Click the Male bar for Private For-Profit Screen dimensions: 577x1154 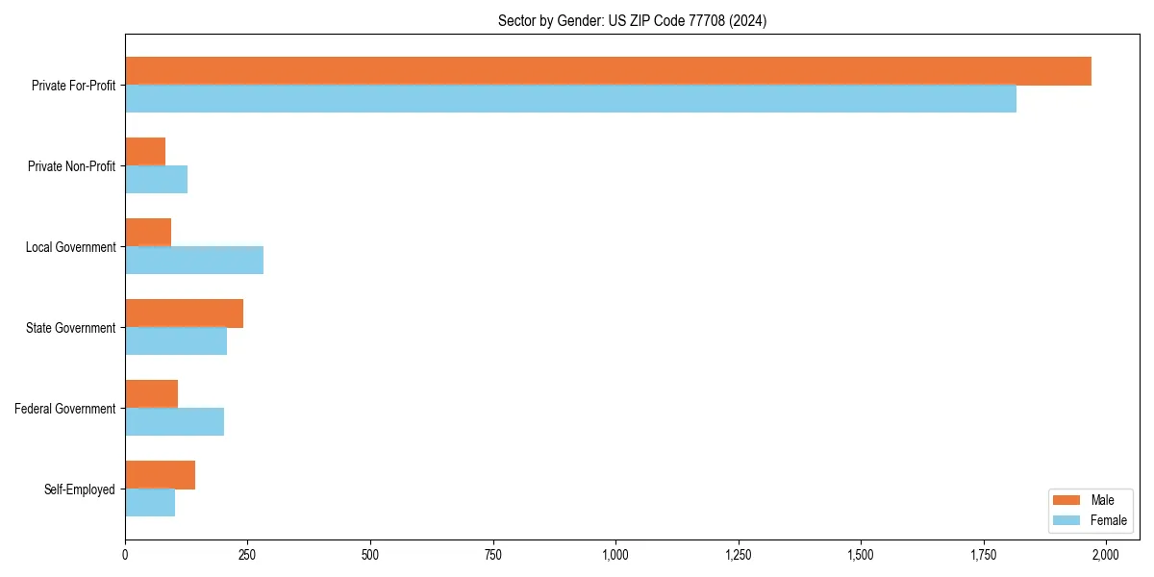[608, 71]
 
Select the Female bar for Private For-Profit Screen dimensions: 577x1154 [570, 98]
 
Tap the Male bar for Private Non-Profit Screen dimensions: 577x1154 [145, 152]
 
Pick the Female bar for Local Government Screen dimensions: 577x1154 [194, 260]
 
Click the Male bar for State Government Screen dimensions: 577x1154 [184, 314]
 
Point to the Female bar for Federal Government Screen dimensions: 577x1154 [174, 421]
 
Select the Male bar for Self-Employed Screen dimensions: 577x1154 [160, 475]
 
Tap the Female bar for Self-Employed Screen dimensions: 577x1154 [150, 502]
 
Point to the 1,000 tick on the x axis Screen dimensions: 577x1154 [615, 555]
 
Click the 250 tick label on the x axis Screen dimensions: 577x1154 [247, 555]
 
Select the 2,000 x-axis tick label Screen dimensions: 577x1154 [1106, 555]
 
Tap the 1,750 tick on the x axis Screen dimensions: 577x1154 [983, 555]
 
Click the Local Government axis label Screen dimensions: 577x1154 [70, 247]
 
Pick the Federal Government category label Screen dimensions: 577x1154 [65, 409]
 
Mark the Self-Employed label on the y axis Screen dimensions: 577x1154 [80, 489]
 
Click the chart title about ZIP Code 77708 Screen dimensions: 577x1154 [632, 20]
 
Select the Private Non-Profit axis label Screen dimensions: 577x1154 [71, 166]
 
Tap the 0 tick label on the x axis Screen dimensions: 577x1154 [125, 555]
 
